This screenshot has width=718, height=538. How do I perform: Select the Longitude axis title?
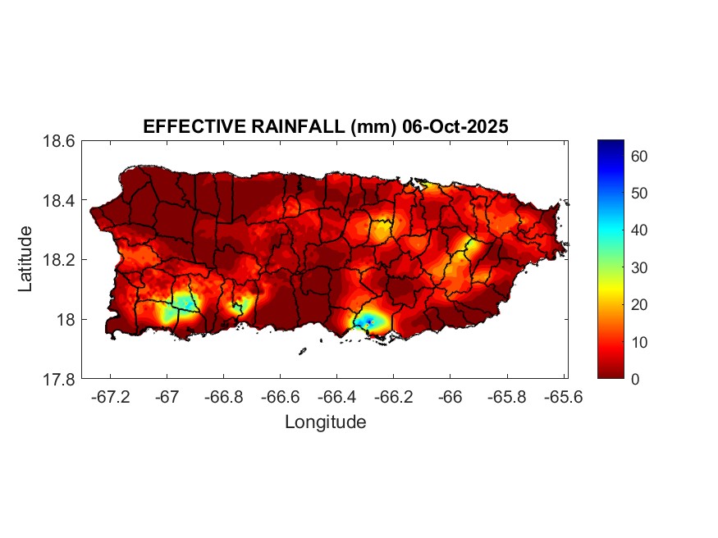click(325, 422)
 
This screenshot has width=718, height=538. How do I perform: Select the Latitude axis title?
click(25, 258)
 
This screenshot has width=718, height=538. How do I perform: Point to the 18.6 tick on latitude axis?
click(60, 141)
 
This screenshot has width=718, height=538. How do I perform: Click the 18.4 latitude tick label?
click(60, 201)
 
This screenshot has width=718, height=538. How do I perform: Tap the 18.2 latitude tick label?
click(60, 260)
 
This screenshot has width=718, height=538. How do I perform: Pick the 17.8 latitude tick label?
click(60, 379)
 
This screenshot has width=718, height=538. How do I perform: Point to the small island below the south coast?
click(302, 352)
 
